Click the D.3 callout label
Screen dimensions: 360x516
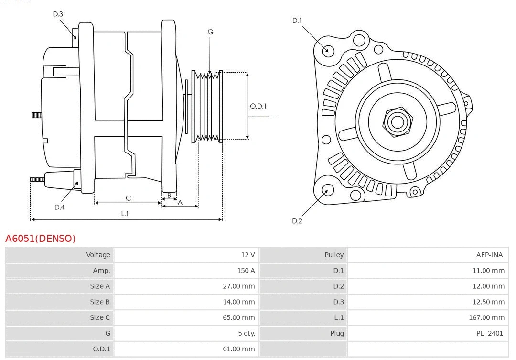(58, 14)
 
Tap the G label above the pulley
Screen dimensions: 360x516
(210, 32)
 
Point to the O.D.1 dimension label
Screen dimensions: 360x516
(258, 106)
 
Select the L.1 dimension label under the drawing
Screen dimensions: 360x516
(125, 214)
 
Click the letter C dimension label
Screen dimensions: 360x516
(128, 198)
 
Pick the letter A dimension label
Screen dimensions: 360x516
(180, 202)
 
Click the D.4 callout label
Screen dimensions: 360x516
(59, 207)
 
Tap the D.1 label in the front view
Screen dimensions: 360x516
(297, 21)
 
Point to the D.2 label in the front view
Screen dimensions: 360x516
(297, 221)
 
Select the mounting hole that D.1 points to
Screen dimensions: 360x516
(328, 50)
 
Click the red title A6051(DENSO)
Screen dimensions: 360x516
(41, 238)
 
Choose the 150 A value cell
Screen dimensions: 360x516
(246, 271)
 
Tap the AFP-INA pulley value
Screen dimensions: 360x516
(489, 255)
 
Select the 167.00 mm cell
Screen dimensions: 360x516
(486, 317)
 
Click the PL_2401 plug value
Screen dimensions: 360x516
(490, 333)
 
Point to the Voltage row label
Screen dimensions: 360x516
(98, 255)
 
